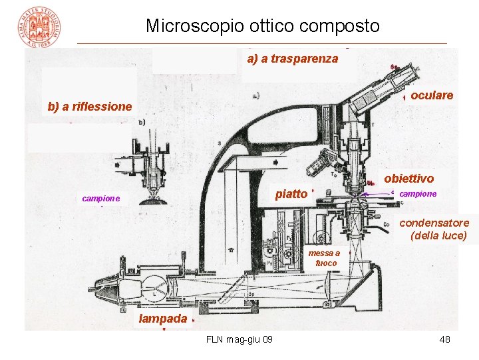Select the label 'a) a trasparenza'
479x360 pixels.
coord(292,59)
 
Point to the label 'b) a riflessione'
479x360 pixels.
coord(90,107)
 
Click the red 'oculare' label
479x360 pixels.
coord(432,95)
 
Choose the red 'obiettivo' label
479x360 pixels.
coord(408,178)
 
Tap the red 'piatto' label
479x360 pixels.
coord(291,194)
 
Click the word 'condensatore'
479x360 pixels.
coord(434,223)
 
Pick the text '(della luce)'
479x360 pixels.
coord(439,235)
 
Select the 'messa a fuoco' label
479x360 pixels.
coord(326,258)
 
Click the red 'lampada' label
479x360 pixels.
coord(162,319)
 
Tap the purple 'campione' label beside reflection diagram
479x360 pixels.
coord(101,198)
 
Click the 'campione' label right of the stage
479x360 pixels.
coord(418,193)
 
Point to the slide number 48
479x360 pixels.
coord(445,340)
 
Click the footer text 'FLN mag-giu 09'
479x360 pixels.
coord(239,340)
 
